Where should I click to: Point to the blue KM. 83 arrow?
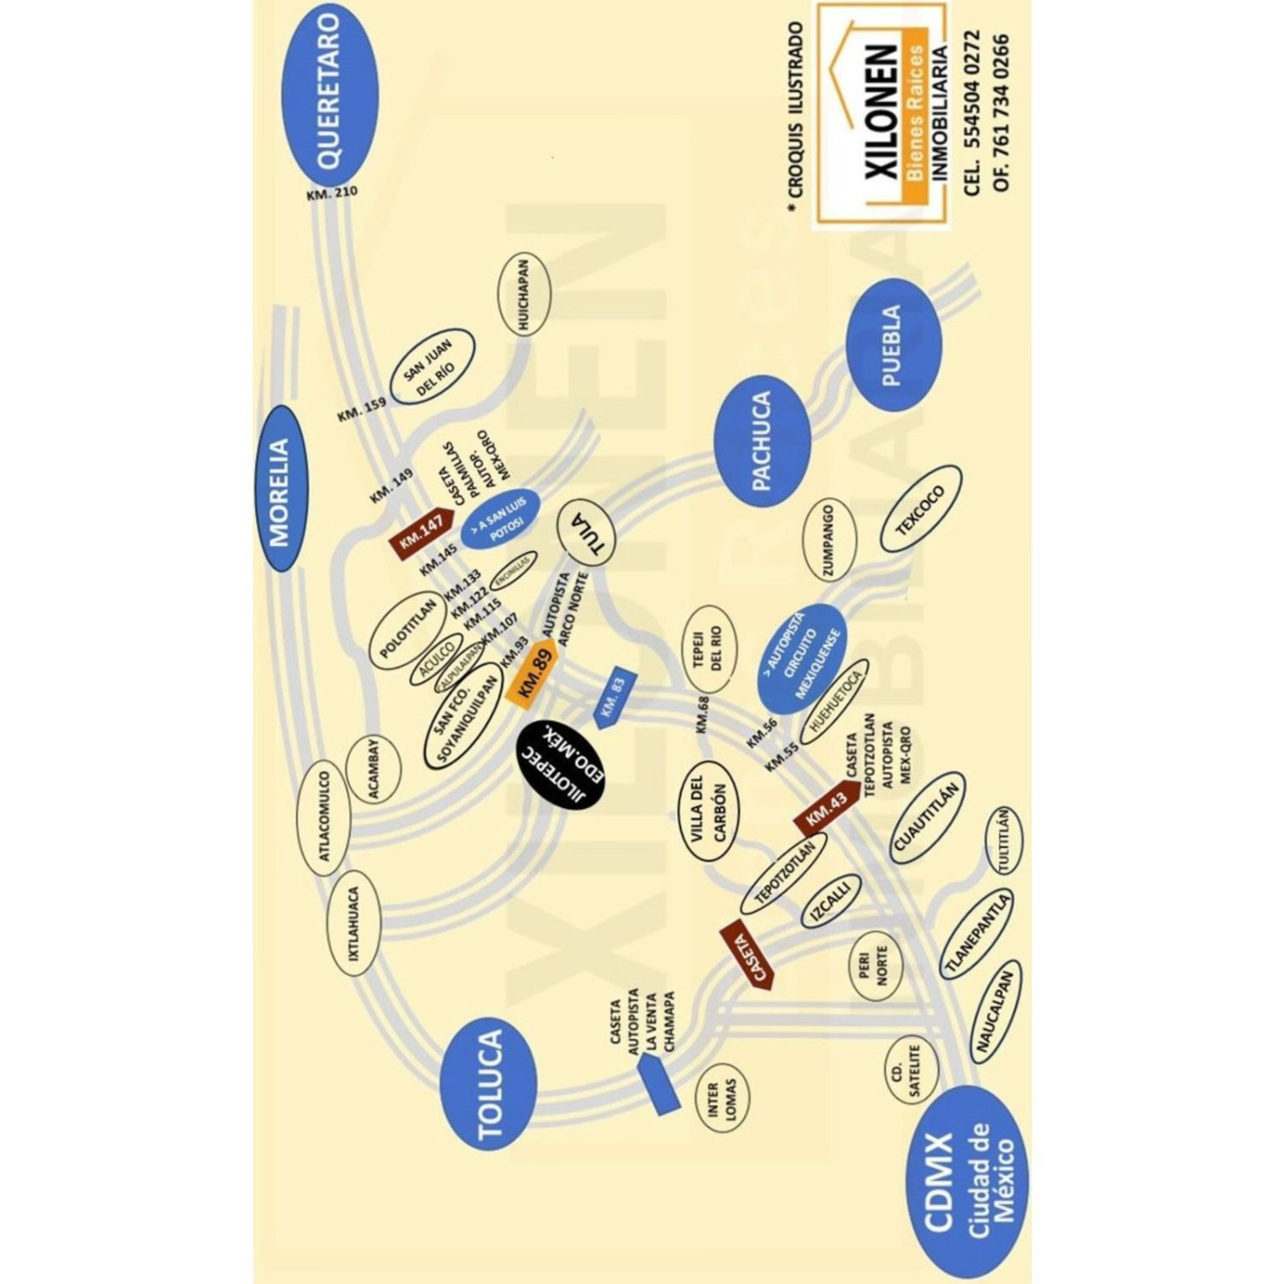(615, 698)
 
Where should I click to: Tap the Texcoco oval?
(921, 510)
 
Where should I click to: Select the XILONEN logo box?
(881, 116)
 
